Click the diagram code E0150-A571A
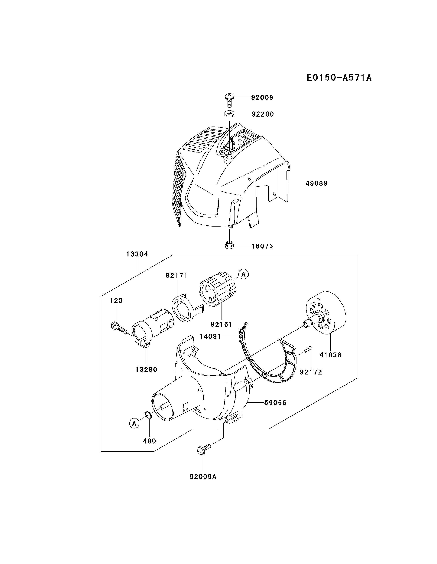coord(339,77)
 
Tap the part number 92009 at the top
coord(262,97)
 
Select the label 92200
coord(263,114)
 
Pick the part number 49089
coord(316,183)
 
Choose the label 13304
coord(137,254)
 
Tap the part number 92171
coord(176,276)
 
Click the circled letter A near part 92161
coord(243,274)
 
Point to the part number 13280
coord(146,370)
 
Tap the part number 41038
coord(330,355)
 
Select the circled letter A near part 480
coord(134,423)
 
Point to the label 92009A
coord(203,476)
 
